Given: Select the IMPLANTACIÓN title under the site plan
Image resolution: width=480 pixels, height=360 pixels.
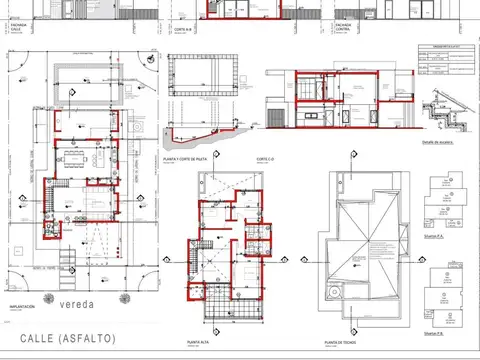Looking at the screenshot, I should tap(23, 308).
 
